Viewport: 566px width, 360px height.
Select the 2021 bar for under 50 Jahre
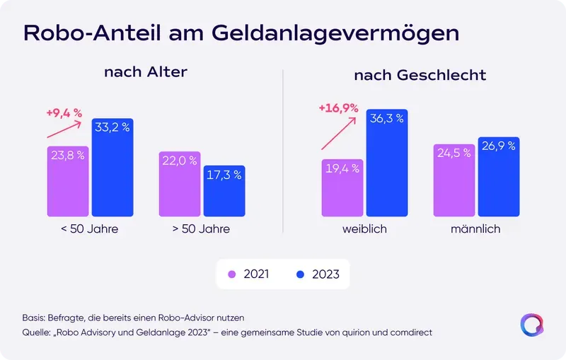point(68,182)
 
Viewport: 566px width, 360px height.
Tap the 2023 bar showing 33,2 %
point(112,168)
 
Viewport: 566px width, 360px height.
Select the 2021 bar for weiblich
point(342,187)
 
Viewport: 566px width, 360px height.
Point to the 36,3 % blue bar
point(387,164)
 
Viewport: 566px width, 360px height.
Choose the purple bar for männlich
point(454,180)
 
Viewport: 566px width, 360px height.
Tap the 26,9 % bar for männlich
point(498,177)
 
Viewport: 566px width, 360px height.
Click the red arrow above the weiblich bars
point(339,132)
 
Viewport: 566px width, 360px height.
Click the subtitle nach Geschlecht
point(420,74)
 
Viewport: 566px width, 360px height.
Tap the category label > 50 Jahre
point(202,230)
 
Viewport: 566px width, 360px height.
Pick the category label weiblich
point(364,230)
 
